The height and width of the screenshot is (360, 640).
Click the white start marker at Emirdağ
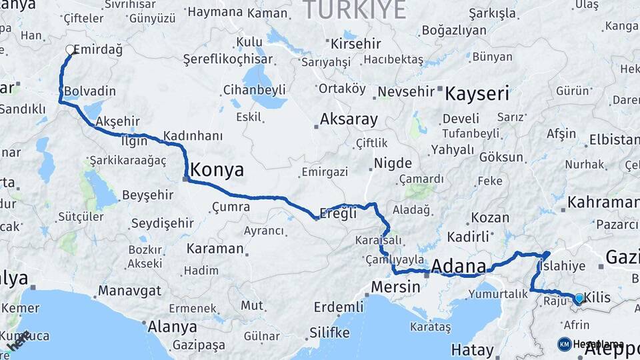(x=69, y=49)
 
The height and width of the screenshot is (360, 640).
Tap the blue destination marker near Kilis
(x=579, y=298)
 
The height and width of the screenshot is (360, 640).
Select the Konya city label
(x=217, y=170)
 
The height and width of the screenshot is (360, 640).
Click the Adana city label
(x=459, y=266)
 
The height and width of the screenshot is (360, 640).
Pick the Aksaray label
(x=349, y=119)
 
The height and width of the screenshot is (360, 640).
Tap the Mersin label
(x=395, y=287)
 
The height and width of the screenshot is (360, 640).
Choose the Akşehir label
(x=118, y=121)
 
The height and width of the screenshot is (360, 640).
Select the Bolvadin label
(x=90, y=91)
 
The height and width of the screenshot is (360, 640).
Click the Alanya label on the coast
(x=171, y=327)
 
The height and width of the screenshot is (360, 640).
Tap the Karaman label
(x=215, y=249)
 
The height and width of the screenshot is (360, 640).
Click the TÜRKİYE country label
(x=354, y=9)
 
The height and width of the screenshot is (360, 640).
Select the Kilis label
(x=597, y=297)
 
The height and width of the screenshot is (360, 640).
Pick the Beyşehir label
(x=148, y=196)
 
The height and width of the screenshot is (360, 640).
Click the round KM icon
(x=565, y=344)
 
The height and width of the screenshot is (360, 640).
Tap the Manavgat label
(x=130, y=291)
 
